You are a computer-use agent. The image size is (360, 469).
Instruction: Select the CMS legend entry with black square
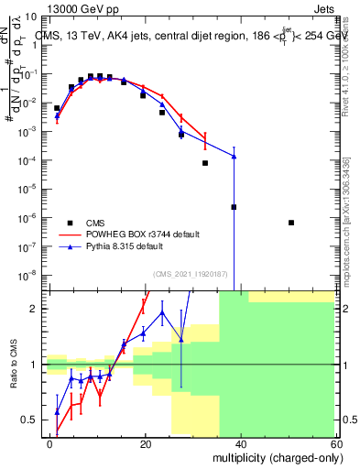coord(82,223)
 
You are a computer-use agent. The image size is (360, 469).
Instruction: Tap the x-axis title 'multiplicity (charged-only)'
coord(274,456)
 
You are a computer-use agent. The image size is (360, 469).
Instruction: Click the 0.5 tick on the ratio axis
coord(30,420)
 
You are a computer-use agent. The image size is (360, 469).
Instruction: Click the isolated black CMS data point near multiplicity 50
coord(290,223)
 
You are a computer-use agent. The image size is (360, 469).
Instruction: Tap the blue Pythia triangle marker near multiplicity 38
coord(235,157)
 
